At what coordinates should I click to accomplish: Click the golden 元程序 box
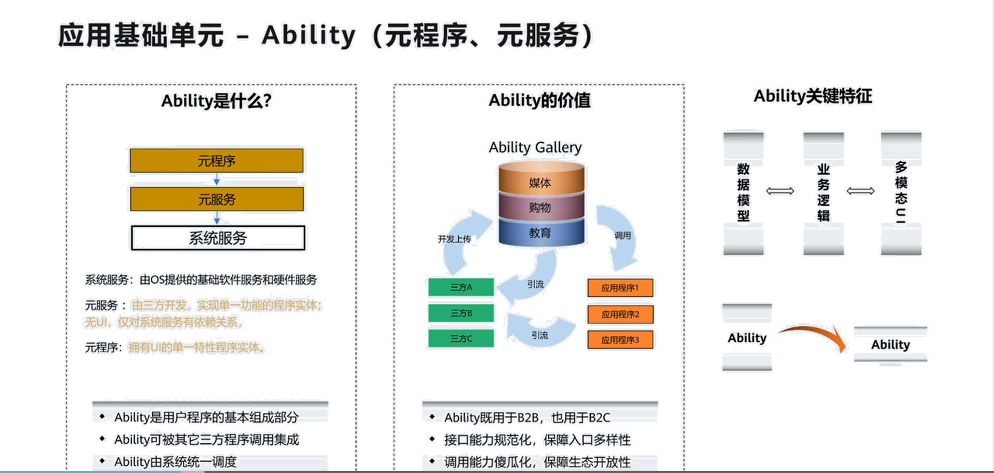tap(217, 160)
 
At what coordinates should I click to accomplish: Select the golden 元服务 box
tap(217, 199)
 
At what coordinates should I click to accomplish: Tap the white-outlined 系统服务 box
tap(218, 238)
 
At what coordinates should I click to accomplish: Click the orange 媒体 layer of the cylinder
tap(540, 182)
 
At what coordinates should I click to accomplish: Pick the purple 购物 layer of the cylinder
tap(540, 208)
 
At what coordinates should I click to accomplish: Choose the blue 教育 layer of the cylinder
tap(540, 233)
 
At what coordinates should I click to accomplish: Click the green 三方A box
tap(461, 287)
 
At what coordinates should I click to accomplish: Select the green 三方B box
tap(461, 313)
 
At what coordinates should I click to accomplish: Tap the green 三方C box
tap(461, 338)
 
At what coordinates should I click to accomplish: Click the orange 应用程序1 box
tap(620, 288)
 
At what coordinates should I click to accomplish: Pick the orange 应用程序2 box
tap(620, 314)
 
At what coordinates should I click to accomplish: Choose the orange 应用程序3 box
tap(620, 340)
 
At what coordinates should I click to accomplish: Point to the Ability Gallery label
tap(535, 148)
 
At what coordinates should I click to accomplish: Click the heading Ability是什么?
tap(216, 100)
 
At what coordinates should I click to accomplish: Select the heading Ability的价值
tap(539, 100)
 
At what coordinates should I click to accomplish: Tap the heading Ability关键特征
tap(813, 96)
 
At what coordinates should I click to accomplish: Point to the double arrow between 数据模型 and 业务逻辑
tap(780, 191)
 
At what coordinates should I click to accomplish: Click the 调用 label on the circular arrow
tap(622, 235)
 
